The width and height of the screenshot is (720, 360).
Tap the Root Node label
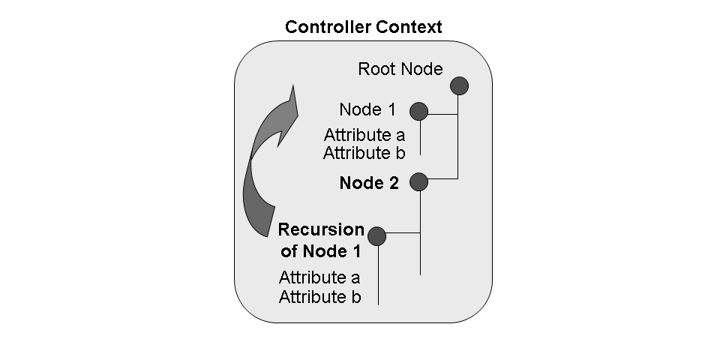pyautogui.click(x=400, y=70)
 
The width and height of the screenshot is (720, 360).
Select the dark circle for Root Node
pyautogui.click(x=459, y=85)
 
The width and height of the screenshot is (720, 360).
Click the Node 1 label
pyautogui.click(x=367, y=109)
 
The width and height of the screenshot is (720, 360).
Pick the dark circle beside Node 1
pyautogui.click(x=418, y=112)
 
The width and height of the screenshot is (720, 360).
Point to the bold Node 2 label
pyautogui.click(x=369, y=182)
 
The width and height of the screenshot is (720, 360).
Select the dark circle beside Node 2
pyautogui.click(x=418, y=181)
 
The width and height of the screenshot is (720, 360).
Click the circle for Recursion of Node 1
pyautogui.click(x=376, y=236)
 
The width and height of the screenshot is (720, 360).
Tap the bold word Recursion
pyautogui.click(x=321, y=229)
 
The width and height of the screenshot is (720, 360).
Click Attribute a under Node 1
pyautogui.click(x=364, y=136)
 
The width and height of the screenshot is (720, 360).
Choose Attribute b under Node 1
pyautogui.click(x=364, y=153)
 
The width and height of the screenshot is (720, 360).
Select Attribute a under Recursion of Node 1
pyautogui.click(x=319, y=277)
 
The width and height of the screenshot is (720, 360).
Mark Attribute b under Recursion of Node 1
pyautogui.click(x=319, y=296)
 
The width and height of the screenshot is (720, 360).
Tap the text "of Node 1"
pyautogui.click(x=321, y=250)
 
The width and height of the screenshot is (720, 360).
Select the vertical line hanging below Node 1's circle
pyautogui.click(x=419, y=138)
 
